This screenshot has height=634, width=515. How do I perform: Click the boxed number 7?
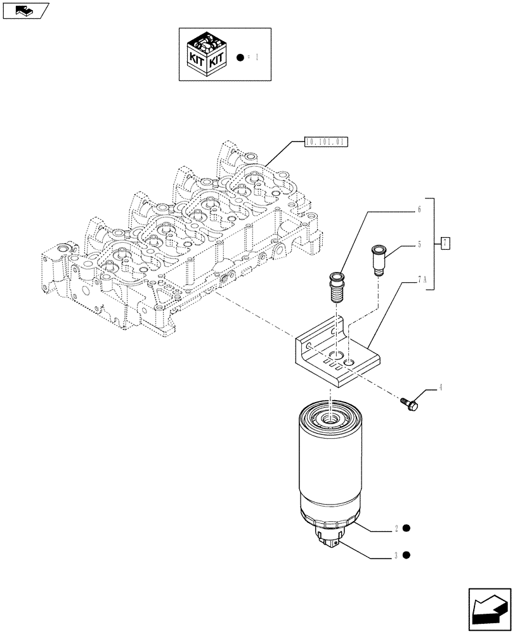pyautogui.click(x=446, y=243)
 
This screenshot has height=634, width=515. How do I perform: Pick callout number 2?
pyautogui.click(x=396, y=528)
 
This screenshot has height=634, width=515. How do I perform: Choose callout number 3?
pyautogui.click(x=396, y=556)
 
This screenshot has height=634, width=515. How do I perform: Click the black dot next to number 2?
pyautogui.click(x=407, y=527)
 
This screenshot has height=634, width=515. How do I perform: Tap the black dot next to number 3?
pyautogui.click(x=407, y=555)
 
